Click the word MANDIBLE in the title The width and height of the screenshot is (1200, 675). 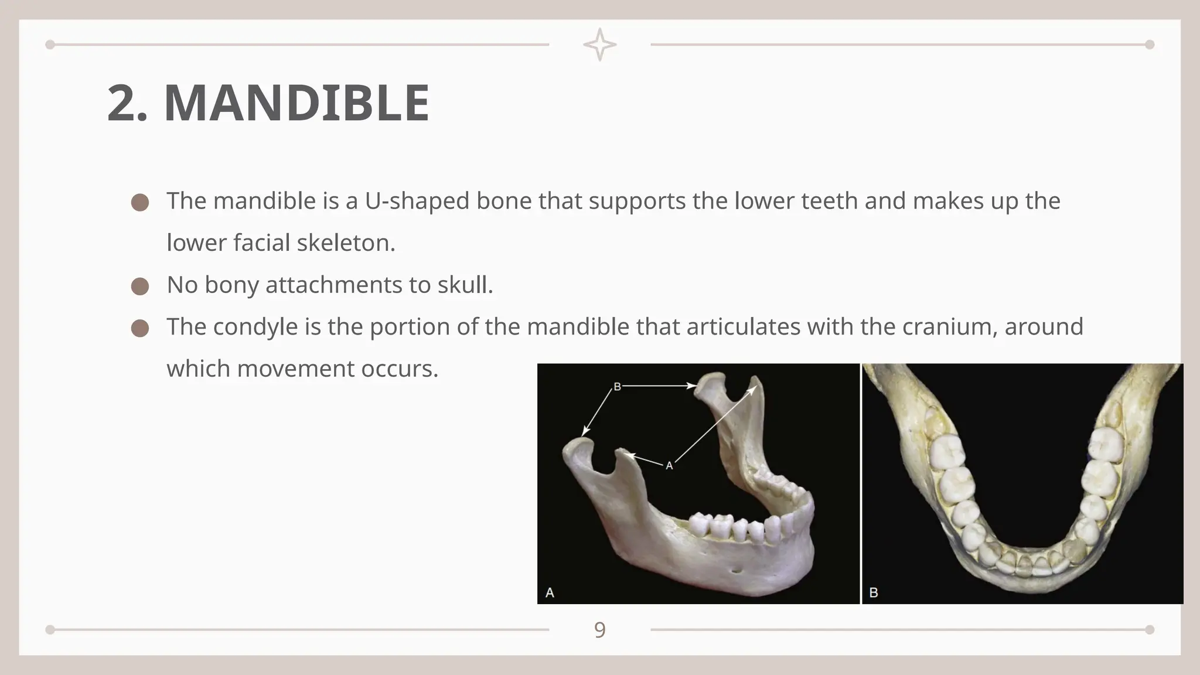pos(296,103)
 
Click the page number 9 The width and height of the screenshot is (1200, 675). pos(599,630)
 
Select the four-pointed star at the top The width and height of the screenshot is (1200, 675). pos(599,45)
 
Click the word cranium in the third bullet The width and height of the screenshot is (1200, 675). pos(949,327)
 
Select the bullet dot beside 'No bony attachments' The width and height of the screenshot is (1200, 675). pos(140,287)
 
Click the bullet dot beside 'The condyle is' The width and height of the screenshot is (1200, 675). pos(140,329)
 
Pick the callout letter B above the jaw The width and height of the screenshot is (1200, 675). pos(617,387)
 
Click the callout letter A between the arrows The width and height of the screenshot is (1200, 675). pos(669,466)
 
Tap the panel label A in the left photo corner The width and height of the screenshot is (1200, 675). pos(550,592)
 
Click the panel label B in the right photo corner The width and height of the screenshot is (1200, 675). pos(873,592)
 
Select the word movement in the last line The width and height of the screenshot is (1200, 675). pos(295,369)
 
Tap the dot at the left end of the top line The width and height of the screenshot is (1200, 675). pos(50,45)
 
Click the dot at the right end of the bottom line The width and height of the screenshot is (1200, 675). pos(1150,630)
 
